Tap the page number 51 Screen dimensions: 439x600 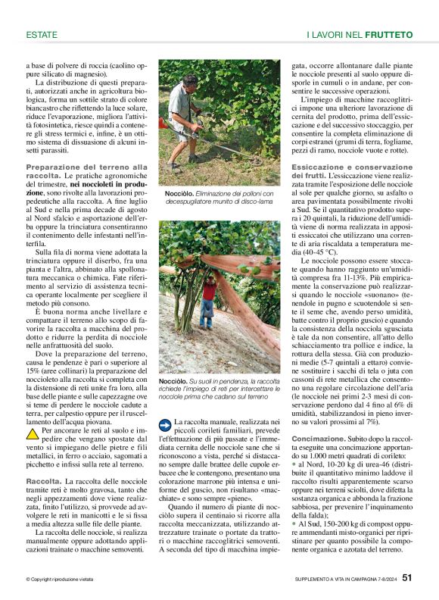click(x=406, y=578)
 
